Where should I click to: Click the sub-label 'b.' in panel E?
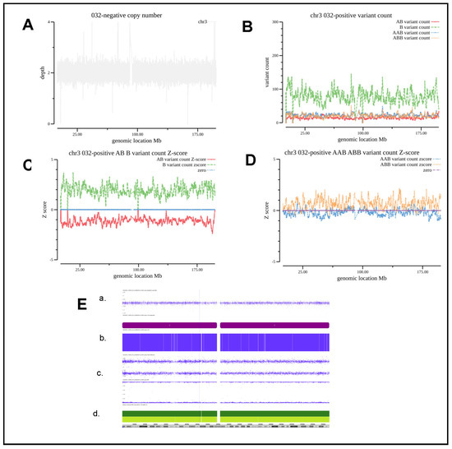[x=103, y=337]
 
